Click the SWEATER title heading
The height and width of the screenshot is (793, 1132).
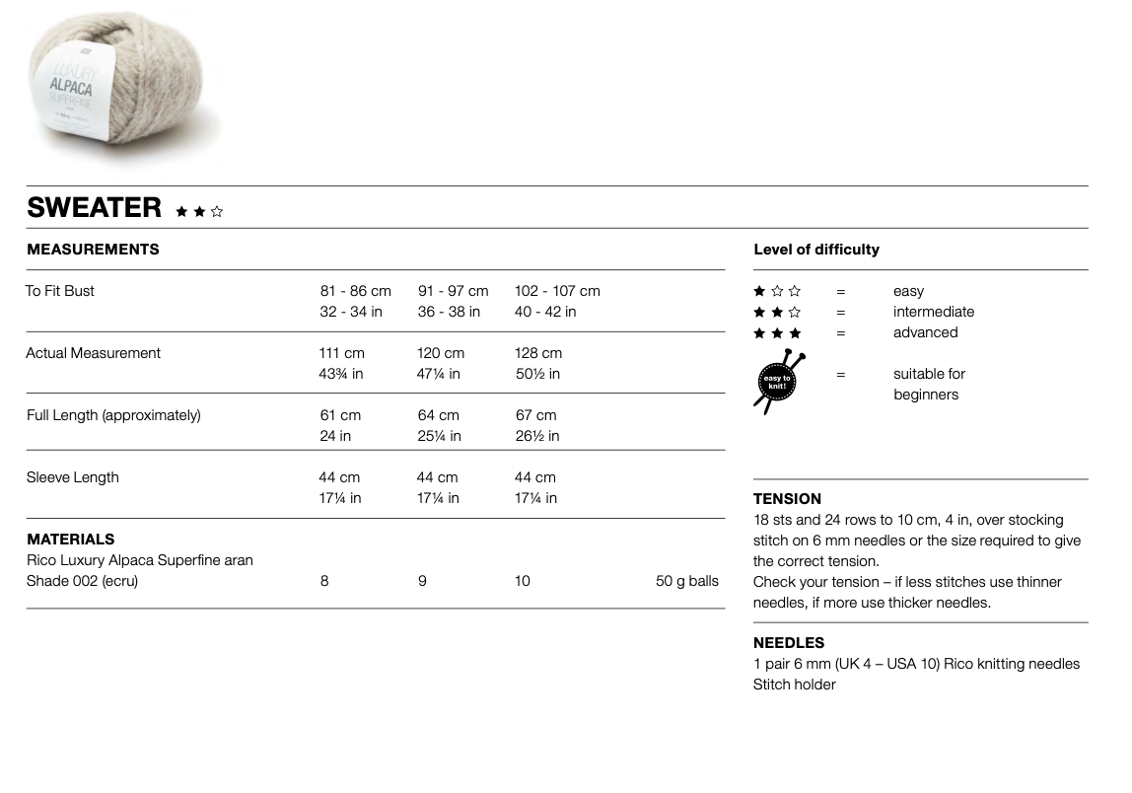95,207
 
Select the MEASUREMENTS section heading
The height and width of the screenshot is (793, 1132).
93,250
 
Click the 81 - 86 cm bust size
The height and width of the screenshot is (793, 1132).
355,291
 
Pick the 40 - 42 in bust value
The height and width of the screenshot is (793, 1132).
545,312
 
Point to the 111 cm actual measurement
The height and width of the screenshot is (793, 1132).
341,353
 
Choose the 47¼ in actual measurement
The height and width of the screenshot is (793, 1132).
439,374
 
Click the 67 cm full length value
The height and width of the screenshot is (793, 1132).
535,415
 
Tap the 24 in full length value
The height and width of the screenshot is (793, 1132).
335,436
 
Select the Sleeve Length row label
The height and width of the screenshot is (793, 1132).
72,477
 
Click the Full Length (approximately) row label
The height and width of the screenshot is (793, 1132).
113,415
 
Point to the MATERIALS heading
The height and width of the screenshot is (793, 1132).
70,540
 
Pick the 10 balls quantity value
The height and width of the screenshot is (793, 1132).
522,581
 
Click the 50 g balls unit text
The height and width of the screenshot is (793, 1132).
687,581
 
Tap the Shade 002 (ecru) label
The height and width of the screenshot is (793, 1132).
82,581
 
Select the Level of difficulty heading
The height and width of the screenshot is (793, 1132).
816,250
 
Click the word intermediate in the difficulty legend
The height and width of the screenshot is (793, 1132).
934,312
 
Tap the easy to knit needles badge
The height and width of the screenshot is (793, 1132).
778,381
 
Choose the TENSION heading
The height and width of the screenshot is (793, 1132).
787,499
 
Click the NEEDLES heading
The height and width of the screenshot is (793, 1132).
789,643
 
